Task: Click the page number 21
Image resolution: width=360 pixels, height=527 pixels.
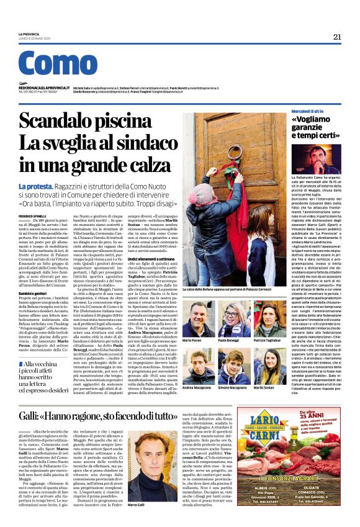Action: coord(337,37)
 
